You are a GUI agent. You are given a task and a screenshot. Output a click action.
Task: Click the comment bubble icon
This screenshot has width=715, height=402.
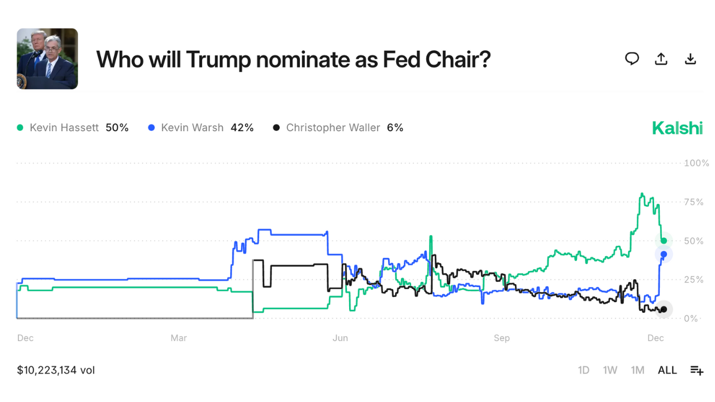pos(632,59)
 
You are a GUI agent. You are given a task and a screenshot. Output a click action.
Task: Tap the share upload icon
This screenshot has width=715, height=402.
pos(661,59)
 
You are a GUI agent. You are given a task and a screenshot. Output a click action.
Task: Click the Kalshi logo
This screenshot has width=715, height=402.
pos(677,128)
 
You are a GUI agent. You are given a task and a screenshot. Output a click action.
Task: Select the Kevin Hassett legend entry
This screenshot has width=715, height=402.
pos(73,128)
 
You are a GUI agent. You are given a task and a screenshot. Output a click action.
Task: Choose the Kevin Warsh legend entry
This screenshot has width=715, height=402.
pos(201,128)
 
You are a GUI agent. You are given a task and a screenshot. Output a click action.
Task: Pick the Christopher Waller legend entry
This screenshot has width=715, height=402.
pos(338,128)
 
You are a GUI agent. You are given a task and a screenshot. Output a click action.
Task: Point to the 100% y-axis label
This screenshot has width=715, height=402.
pos(697,163)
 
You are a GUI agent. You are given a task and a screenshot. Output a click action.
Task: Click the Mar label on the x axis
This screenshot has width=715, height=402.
pos(179,338)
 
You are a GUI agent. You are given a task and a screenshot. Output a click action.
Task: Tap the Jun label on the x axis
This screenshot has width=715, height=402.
pos(340,338)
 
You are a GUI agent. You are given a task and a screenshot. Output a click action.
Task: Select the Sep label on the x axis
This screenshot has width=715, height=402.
pos(502,338)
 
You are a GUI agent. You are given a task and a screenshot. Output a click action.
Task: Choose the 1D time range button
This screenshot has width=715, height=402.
pos(583,370)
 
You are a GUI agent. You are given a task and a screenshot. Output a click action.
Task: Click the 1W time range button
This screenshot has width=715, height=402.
pos(610,370)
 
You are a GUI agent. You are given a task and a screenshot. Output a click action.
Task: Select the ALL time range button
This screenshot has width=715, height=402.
pos(667,370)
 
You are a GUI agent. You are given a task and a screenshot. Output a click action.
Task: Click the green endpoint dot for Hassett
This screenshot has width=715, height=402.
pos(664,241)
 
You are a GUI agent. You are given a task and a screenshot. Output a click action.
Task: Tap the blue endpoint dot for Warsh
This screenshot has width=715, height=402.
pos(664,255)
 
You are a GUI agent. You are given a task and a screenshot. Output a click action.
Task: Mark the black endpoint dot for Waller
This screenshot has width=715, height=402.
pos(664,309)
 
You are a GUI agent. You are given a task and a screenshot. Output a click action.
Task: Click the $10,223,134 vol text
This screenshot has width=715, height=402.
pos(56,370)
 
